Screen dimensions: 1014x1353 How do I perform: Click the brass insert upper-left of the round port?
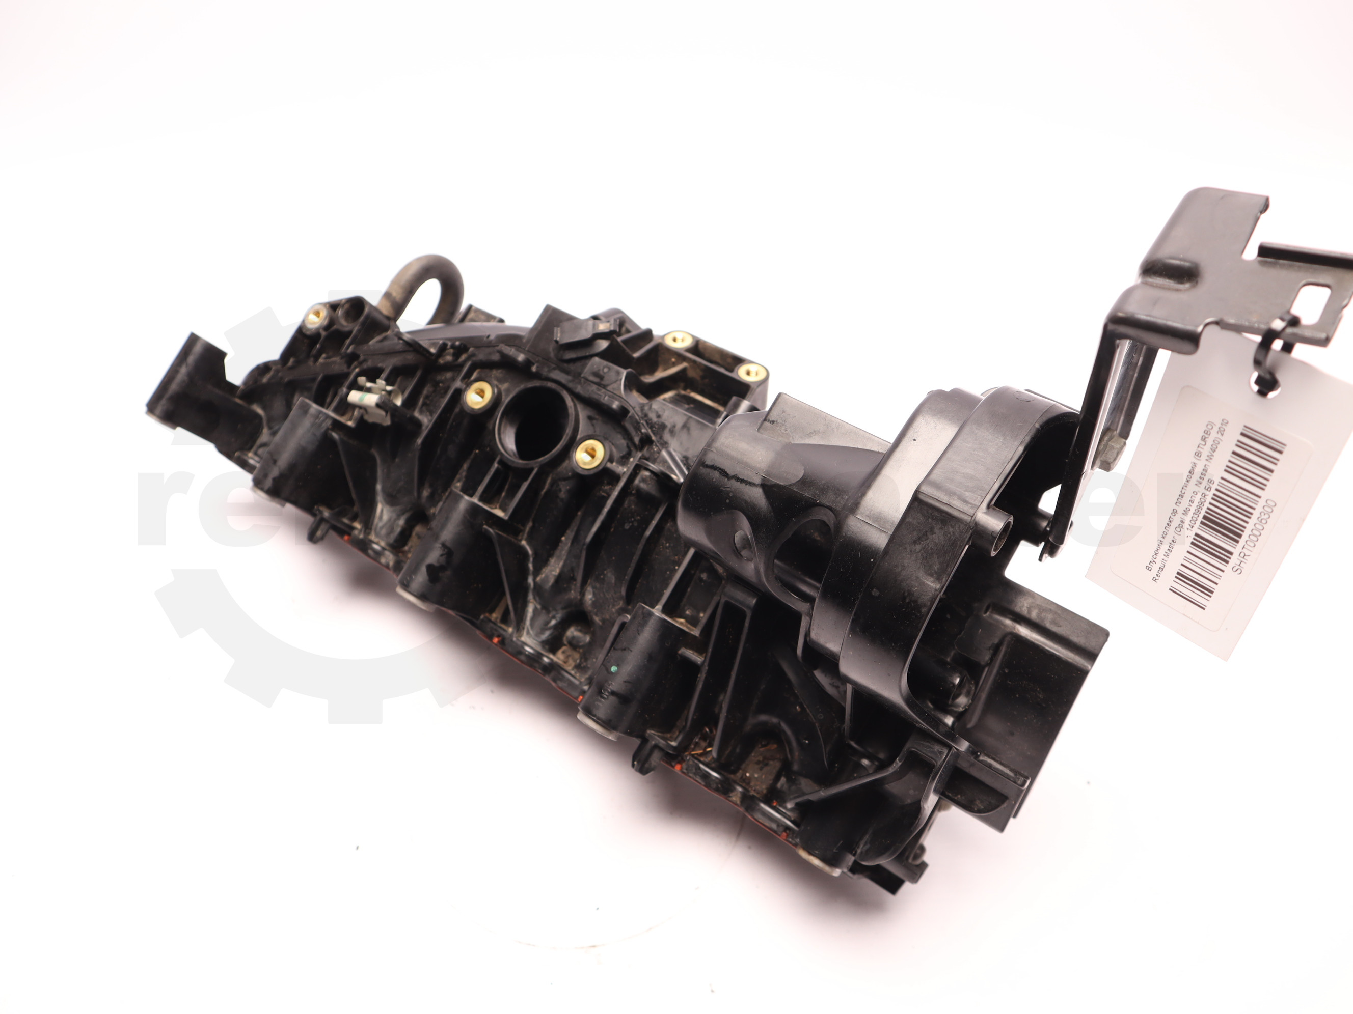(477, 394)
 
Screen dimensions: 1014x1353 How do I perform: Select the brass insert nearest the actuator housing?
(752, 371)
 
